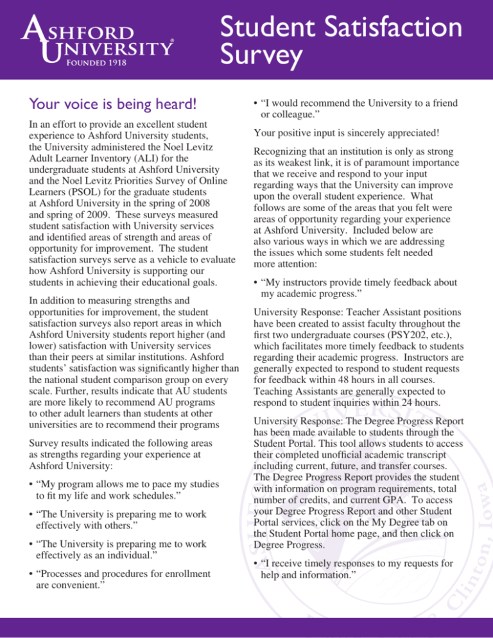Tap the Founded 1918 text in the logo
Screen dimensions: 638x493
[x=94, y=65]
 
